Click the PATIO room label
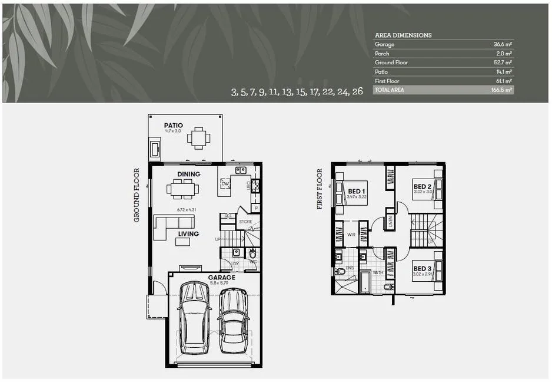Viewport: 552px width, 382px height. coord(174,125)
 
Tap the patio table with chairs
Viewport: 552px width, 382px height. coord(198,138)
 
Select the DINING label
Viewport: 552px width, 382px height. coord(188,174)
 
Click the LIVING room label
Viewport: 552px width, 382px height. coord(188,233)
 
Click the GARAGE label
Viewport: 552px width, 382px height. coord(221,277)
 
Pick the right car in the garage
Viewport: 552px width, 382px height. coord(234,320)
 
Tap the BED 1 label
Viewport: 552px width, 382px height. coord(356,192)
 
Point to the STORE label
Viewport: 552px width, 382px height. coord(245,222)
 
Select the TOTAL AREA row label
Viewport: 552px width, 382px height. coord(390,90)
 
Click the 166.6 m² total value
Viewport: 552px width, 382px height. coord(502,90)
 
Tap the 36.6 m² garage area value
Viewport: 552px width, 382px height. coord(503,44)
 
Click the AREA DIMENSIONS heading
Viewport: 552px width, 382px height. coord(403,35)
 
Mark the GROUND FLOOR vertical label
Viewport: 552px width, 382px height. coord(137,195)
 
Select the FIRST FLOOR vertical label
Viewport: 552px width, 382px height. coord(320,189)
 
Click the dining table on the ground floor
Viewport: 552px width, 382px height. coord(182,189)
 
